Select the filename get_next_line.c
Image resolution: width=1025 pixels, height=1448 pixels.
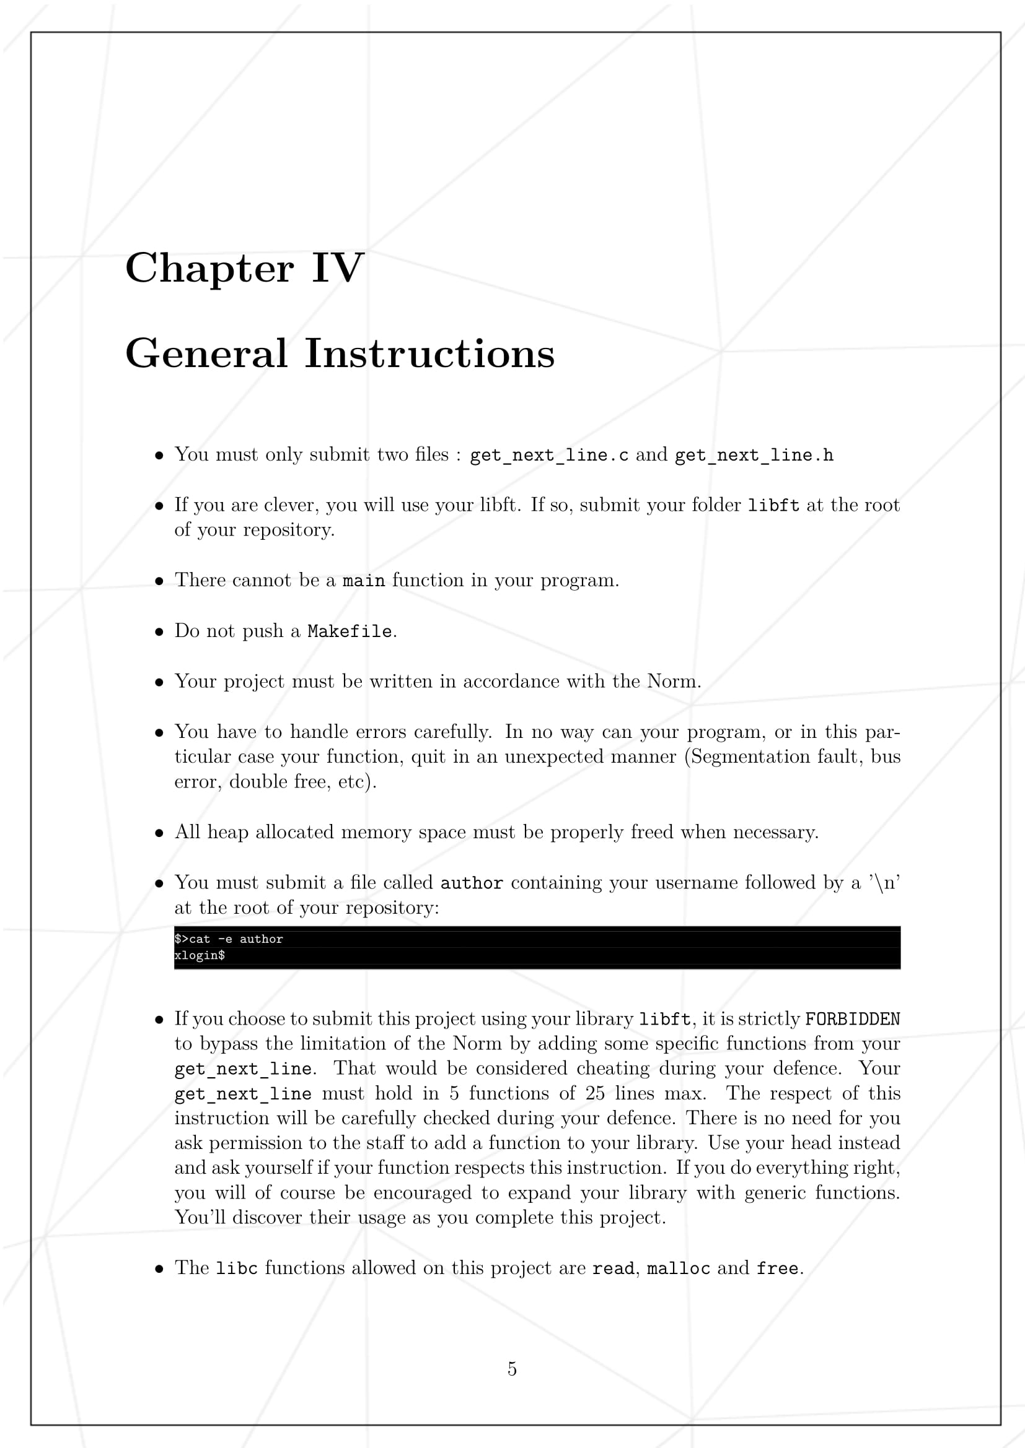pyautogui.click(x=549, y=456)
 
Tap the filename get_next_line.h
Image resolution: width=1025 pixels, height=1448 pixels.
pyautogui.click(x=754, y=456)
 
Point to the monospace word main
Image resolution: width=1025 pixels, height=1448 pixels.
pyautogui.click(x=364, y=581)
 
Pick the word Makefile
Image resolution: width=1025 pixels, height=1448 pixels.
pyautogui.click(x=350, y=631)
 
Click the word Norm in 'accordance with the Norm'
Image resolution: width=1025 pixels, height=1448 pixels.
pyautogui.click(x=672, y=681)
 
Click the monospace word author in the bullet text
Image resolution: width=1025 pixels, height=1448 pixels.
pyautogui.click(x=472, y=883)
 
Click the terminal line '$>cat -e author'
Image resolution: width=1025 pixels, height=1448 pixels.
pyautogui.click(x=229, y=939)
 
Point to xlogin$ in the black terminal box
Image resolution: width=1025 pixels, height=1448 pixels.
pyautogui.click(x=200, y=955)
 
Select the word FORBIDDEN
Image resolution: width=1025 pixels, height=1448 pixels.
pyautogui.click(x=852, y=1019)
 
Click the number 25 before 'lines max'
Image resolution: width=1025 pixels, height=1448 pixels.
pyautogui.click(x=595, y=1093)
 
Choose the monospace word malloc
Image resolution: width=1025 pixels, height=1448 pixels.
pyautogui.click(x=678, y=1268)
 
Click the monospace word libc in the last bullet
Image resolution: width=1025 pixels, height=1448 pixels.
pyautogui.click(x=237, y=1268)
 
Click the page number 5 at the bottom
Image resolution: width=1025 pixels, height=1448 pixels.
pyautogui.click(x=512, y=1369)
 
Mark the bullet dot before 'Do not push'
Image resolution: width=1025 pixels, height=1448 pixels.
pyautogui.click(x=159, y=631)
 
